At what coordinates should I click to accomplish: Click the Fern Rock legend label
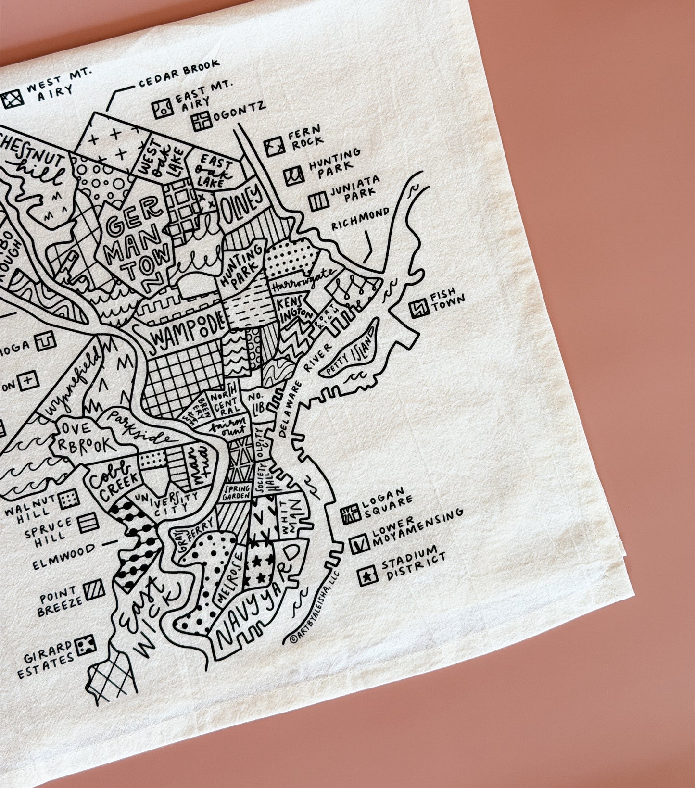coord(304,136)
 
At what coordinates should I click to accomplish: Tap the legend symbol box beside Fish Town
coord(419,309)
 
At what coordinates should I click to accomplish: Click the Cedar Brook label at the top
coord(179,72)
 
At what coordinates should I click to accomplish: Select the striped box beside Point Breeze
coord(94,591)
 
